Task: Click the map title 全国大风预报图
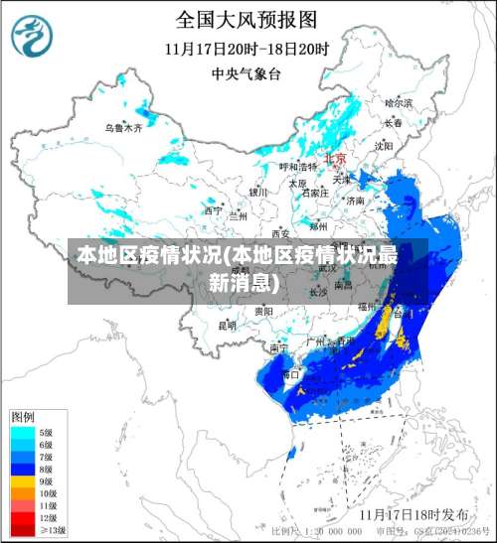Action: tap(247, 18)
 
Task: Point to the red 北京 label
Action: tap(335, 159)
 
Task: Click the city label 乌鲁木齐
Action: tap(124, 128)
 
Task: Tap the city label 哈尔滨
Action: tap(398, 102)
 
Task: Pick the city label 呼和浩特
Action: tap(296, 167)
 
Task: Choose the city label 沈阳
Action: tap(384, 146)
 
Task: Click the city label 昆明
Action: tap(228, 325)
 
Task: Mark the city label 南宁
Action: tap(279, 348)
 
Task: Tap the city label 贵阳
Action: tap(263, 311)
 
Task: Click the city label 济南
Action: tap(355, 200)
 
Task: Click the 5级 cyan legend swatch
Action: tap(23, 433)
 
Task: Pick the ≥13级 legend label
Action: tap(52, 530)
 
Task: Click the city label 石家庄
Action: tap(315, 194)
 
